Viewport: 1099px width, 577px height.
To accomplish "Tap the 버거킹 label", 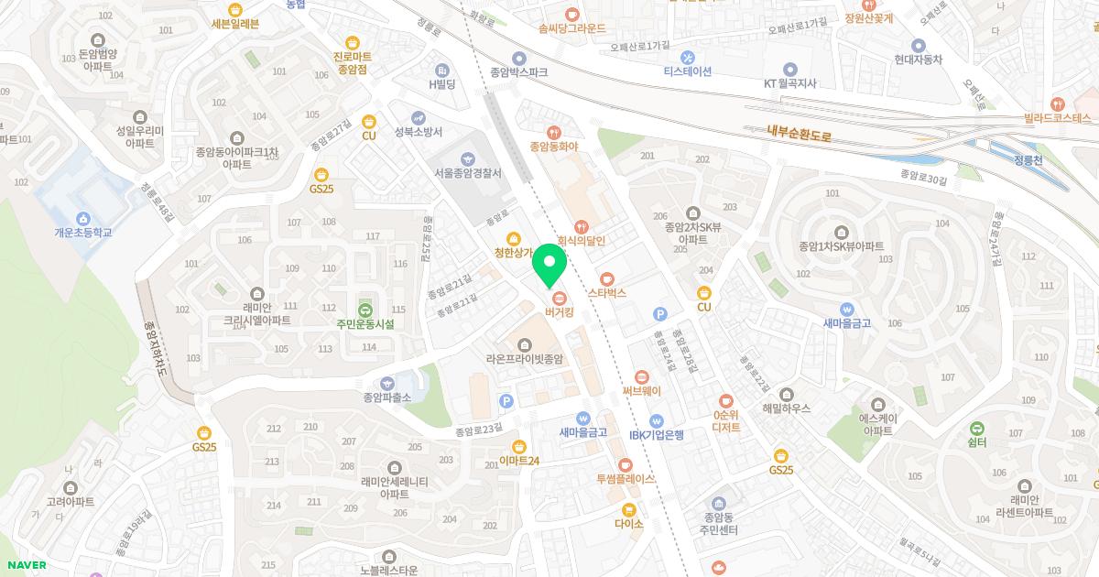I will (x=559, y=312).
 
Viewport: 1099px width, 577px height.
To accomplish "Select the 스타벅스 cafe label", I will (x=606, y=293).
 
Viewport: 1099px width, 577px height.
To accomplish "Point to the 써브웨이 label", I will (x=641, y=390).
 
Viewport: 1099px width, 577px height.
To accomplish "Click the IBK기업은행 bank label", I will (x=657, y=434).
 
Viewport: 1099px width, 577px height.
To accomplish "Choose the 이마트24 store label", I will (x=519, y=460).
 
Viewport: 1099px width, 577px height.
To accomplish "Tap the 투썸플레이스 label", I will (x=626, y=478).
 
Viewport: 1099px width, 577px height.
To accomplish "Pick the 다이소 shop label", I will (x=629, y=524).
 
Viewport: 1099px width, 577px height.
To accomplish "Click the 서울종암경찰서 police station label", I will (x=468, y=173).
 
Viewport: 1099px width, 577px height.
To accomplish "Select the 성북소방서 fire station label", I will (x=419, y=132).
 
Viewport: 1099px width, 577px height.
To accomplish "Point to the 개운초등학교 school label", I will (x=83, y=233).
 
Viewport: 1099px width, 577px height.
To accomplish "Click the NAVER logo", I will (x=25, y=565).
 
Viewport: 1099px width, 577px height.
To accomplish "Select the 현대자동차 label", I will (x=919, y=60).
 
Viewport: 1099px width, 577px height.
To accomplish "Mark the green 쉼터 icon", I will (x=976, y=428).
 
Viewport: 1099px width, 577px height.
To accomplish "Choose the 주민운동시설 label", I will (x=365, y=323).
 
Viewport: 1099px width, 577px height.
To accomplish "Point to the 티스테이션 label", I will (x=688, y=71).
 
